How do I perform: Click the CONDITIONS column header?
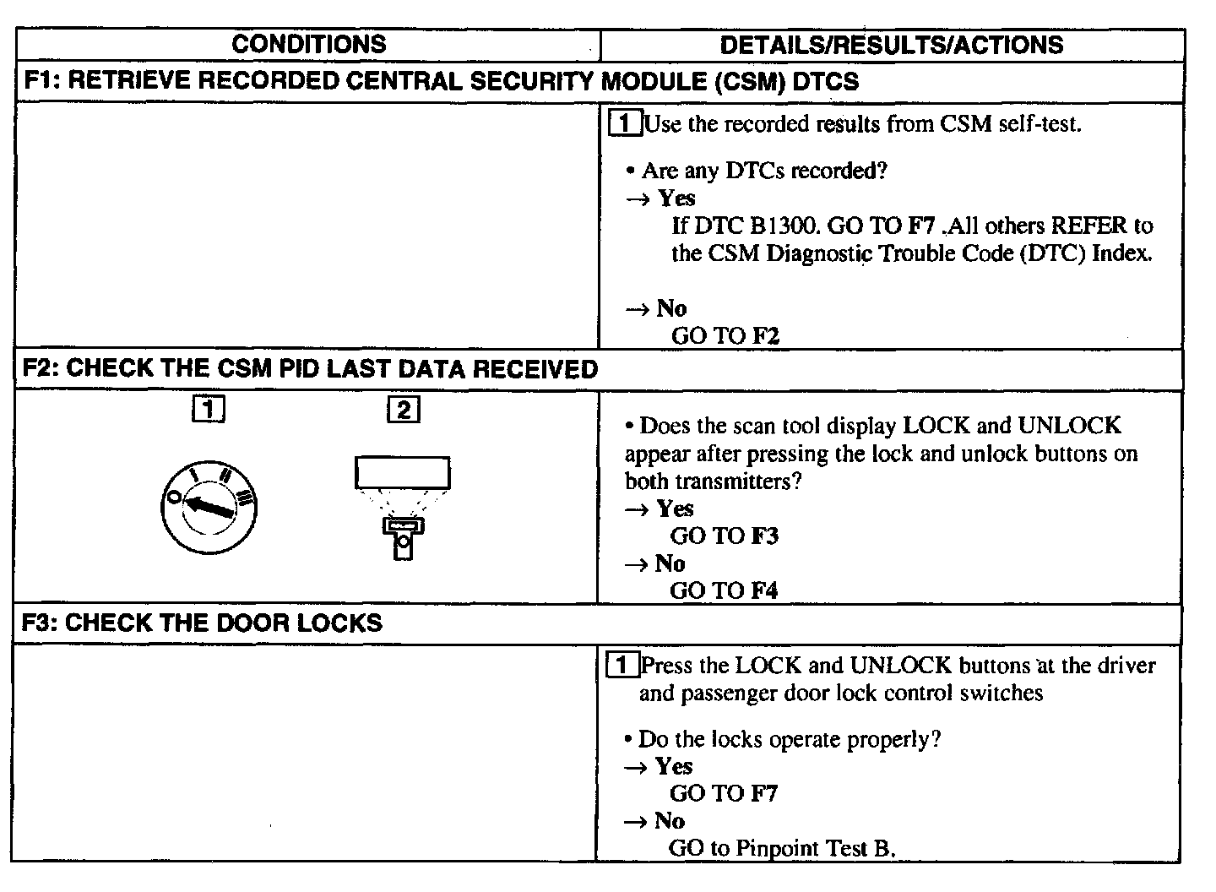[308, 45]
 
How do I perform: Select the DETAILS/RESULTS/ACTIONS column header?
[891, 45]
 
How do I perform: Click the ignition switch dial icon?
[209, 508]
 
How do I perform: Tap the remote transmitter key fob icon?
[403, 537]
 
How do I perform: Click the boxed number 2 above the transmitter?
[403, 411]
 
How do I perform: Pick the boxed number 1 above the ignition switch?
[209, 411]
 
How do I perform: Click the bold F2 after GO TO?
[766, 336]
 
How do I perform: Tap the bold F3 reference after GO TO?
[763, 536]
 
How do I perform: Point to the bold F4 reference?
[763, 590]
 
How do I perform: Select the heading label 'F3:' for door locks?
[41, 623]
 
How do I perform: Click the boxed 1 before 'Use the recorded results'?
[624, 124]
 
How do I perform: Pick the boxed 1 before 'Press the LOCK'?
[622, 666]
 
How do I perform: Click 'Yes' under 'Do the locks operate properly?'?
[674, 767]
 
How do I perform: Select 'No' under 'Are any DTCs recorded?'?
[671, 308]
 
